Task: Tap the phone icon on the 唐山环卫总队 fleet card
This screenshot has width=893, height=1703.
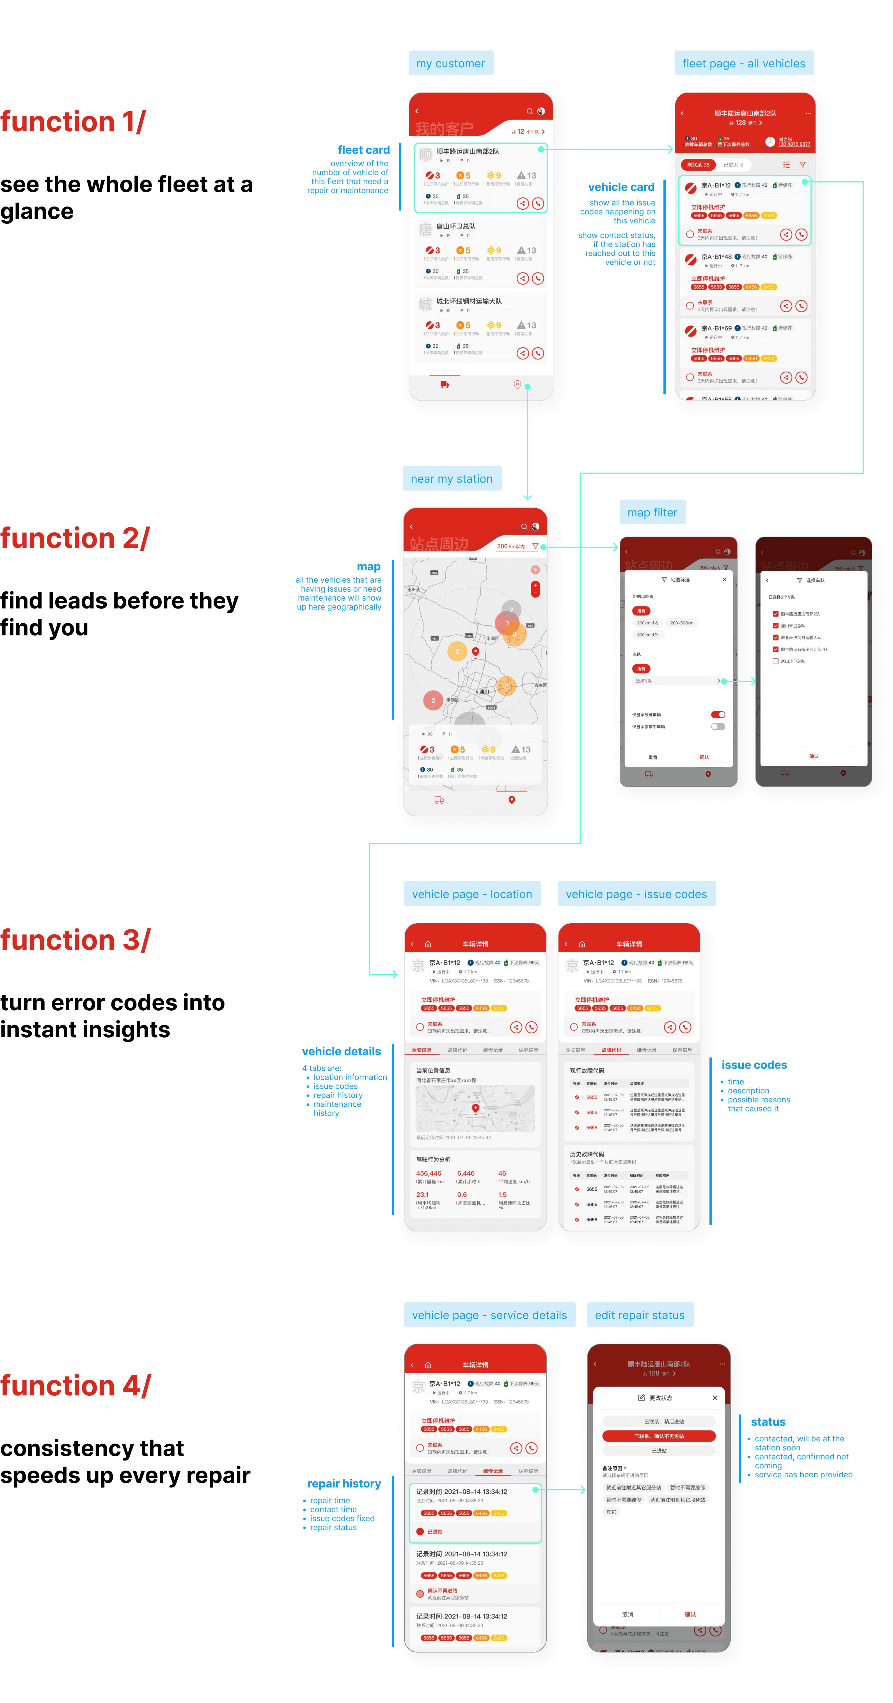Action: click(x=538, y=278)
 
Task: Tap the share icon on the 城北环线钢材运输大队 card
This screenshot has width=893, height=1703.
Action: click(x=522, y=353)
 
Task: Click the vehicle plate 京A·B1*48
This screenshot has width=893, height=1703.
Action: click(x=716, y=257)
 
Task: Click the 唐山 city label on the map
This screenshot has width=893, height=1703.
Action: click(x=484, y=692)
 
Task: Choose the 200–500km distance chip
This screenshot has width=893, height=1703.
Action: click(x=681, y=623)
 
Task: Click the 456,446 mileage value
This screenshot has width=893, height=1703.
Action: click(x=428, y=1173)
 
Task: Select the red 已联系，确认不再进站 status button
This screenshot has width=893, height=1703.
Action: click(x=658, y=1436)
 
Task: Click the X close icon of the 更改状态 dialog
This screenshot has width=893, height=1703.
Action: click(x=715, y=1398)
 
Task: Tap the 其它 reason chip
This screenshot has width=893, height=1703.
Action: click(x=611, y=1512)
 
